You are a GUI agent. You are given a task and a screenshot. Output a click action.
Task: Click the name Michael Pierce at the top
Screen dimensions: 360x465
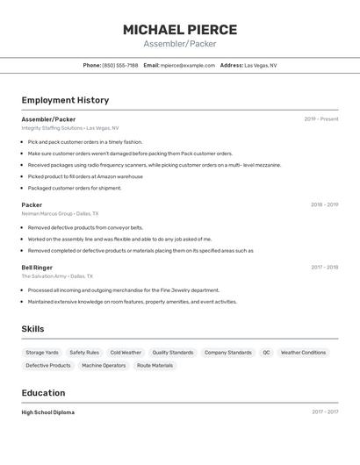coord(180,30)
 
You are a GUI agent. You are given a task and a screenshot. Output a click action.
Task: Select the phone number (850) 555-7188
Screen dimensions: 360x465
coord(120,65)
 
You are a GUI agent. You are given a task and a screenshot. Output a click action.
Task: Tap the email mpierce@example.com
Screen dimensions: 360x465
coord(187,65)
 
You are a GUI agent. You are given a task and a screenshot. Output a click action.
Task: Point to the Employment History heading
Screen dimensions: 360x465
coord(65,100)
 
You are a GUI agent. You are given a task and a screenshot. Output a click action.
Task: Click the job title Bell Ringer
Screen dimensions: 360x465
coord(37,267)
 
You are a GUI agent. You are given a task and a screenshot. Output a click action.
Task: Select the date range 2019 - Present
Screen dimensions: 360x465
coord(321,118)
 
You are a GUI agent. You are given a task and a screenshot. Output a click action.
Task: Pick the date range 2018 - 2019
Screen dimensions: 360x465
coord(324,204)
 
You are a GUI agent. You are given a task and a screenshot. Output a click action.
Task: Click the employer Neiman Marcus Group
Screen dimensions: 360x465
coord(47,213)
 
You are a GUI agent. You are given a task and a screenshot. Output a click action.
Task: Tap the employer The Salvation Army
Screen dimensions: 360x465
coord(44,275)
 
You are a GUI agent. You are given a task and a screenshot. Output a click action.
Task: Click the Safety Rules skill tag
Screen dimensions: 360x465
coord(84,353)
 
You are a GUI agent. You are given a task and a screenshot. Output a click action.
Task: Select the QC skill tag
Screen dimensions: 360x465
coord(266,353)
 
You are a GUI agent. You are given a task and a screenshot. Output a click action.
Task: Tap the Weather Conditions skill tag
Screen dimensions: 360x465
coord(303,353)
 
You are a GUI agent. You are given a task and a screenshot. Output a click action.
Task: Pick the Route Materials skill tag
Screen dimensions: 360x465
coord(155,365)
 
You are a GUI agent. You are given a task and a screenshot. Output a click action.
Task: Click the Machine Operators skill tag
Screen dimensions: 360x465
coord(104,365)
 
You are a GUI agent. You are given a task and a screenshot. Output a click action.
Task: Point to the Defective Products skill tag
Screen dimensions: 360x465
coord(48,365)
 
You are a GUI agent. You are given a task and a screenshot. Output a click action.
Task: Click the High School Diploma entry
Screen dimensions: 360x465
coord(48,411)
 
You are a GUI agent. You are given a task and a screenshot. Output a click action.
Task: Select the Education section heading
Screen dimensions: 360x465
coord(43,392)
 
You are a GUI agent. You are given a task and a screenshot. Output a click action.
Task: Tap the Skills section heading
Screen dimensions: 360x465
coord(32,329)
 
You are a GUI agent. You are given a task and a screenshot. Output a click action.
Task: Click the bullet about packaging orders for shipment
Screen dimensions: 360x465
coord(75,188)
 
